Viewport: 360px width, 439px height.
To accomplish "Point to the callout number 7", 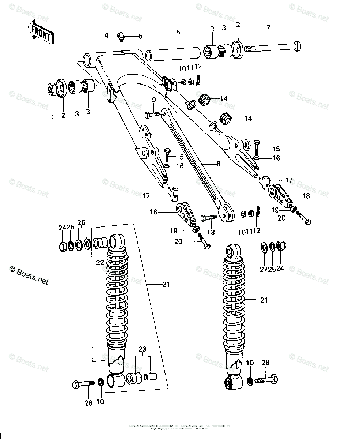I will (268, 28).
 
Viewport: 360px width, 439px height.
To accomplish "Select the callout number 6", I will (178, 32).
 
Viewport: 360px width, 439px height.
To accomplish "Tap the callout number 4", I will (106, 35).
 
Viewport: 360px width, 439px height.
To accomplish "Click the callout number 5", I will (140, 36).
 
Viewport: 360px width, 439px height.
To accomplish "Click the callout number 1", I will (52, 116).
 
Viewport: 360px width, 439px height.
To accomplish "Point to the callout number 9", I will (154, 100).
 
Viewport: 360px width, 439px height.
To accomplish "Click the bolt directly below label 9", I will (152, 115).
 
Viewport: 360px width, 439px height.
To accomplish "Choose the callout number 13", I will (211, 233).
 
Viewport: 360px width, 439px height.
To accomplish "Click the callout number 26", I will (81, 223).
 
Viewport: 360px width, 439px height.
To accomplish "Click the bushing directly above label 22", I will (100, 242).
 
